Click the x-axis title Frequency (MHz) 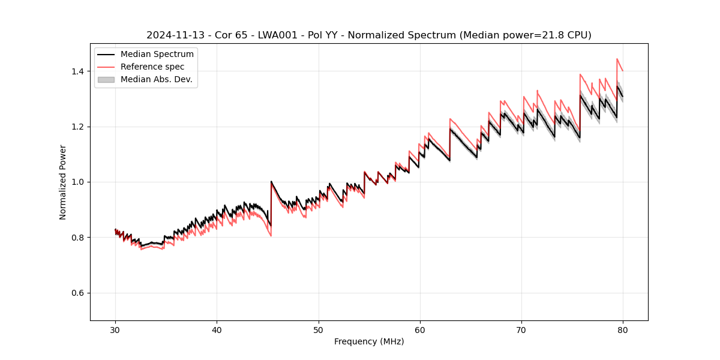coord(369,341)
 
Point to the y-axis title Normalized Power coord(63,182)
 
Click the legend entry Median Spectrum coord(157,55)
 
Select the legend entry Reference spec coord(152,67)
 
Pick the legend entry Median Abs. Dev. coord(156,79)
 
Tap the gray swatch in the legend coord(106,79)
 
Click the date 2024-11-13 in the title coord(171,35)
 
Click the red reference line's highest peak coord(617,59)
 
